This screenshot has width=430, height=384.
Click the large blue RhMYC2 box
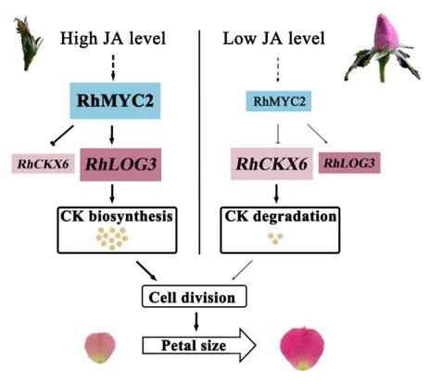(115, 101)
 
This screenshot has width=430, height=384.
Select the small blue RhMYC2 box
(279, 101)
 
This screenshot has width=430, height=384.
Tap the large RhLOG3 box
(120, 164)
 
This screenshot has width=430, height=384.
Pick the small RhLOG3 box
(349, 162)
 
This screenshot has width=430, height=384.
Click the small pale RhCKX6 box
(44, 164)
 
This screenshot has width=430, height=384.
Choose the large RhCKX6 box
(272, 163)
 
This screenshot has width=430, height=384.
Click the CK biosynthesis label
(117, 216)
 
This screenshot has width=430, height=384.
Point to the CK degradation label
(280, 216)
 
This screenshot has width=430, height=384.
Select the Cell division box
(194, 297)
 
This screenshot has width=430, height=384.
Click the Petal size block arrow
(199, 345)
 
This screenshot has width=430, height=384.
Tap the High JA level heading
(113, 39)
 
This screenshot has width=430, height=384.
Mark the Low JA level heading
(273, 39)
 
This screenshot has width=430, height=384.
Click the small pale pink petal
(100, 348)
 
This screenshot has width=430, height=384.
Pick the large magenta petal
(302, 349)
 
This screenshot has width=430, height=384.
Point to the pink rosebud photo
(383, 48)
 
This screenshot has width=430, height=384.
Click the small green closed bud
(28, 44)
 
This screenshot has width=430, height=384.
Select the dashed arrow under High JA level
(113, 68)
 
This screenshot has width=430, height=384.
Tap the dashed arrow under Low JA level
(278, 70)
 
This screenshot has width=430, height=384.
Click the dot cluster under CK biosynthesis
(112, 238)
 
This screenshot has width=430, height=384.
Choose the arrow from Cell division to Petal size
(196, 322)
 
